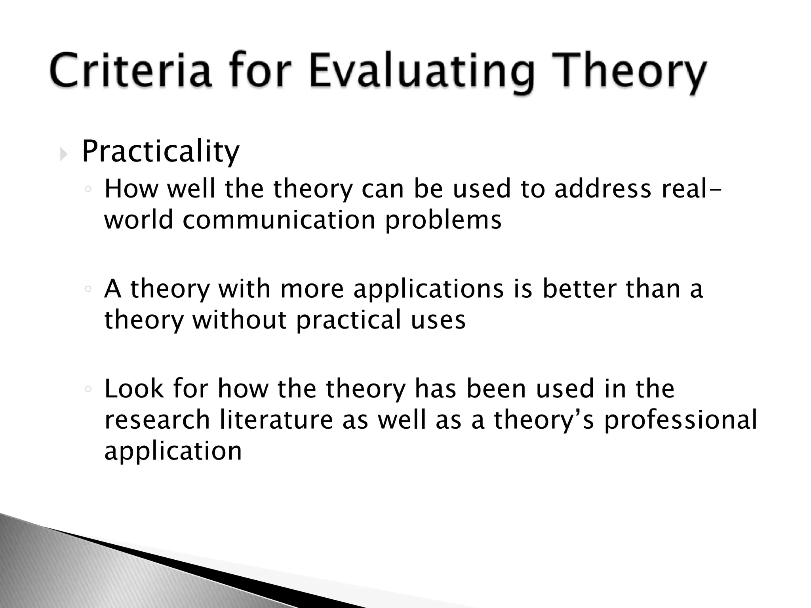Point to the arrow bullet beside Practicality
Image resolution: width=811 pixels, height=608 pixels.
click(63, 154)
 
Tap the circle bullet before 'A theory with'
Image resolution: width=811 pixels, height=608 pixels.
click(88, 290)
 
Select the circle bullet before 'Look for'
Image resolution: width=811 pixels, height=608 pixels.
click(88, 389)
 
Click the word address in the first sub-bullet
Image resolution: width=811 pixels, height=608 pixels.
click(602, 189)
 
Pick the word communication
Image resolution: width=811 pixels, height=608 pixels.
click(279, 220)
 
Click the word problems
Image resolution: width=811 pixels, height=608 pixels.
click(443, 220)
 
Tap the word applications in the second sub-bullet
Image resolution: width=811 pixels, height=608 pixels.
click(428, 289)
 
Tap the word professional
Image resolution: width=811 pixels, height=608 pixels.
click(680, 420)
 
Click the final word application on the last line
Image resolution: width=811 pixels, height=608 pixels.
click(173, 451)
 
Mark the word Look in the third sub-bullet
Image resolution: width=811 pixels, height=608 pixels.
click(134, 389)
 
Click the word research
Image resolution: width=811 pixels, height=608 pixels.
click(157, 420)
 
